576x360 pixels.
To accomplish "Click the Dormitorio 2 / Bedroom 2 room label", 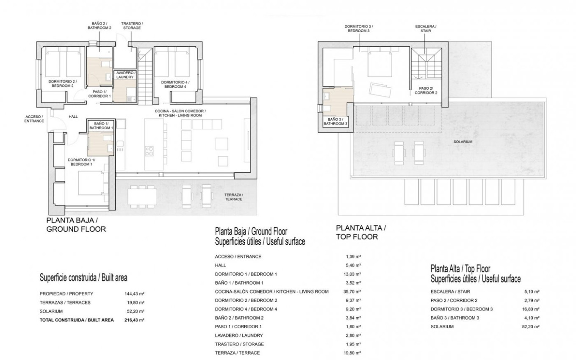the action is (x=63, y=83).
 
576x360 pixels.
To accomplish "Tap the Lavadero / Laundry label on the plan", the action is (x=125, y=75).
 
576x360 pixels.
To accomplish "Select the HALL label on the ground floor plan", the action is (x=73, y=117).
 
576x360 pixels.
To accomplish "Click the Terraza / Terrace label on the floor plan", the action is (x=233, y=197).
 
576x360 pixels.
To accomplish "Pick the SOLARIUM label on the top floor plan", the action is (x=463, y=142).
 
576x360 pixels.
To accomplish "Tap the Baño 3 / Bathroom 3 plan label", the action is (x=335, y=122).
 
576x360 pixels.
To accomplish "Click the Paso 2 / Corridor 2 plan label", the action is (x=426, y=91).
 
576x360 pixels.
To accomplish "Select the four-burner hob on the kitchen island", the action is (x=149, y=151).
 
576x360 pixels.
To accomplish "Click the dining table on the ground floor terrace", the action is (x=142, y=197).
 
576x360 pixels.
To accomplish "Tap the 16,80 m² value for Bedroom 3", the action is (x=531, y=309).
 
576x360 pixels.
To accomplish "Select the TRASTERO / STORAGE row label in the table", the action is (x=239, y=344).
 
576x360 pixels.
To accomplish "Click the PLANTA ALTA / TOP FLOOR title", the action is (x=361, y=232).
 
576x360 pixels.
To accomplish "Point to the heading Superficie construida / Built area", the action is (x=83, y=278).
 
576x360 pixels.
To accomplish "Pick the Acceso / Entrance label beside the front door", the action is (x=34, y=119).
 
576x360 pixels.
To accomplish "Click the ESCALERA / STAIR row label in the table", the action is (x=450, y=291).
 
